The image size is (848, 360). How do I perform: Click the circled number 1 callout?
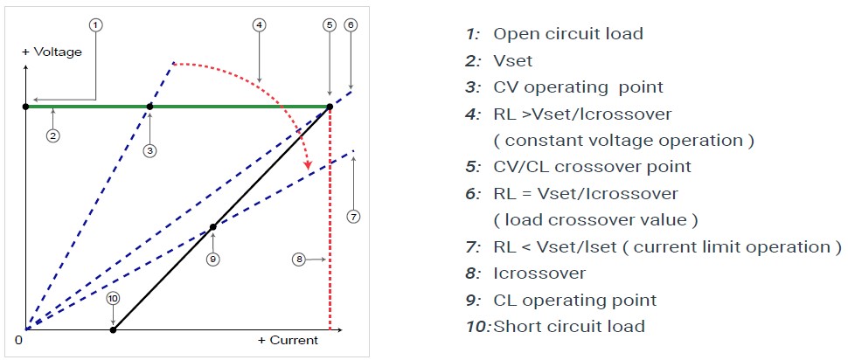point(96,24)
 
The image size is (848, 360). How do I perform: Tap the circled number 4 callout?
point(259,24)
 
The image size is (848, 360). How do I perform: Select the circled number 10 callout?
point(113,299)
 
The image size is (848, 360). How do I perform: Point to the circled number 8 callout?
point(298,260)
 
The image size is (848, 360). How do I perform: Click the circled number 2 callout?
point(53,135)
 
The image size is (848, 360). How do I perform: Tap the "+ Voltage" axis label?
point(52,52)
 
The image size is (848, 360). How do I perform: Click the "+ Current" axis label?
point(288,340)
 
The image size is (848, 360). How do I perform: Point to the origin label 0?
point(18,339)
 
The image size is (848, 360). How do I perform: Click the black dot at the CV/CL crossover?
point(330,107)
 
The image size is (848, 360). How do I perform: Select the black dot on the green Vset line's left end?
point(26,107)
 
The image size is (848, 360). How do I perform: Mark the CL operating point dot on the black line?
point(212,227)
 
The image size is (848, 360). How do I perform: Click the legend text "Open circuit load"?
point(568,34)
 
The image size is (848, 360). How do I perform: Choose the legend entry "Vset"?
point(513,61)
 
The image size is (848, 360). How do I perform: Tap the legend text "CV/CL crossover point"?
point(592,167)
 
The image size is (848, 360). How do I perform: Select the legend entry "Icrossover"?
point(539,273)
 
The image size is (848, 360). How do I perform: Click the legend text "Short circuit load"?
point(569,327)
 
